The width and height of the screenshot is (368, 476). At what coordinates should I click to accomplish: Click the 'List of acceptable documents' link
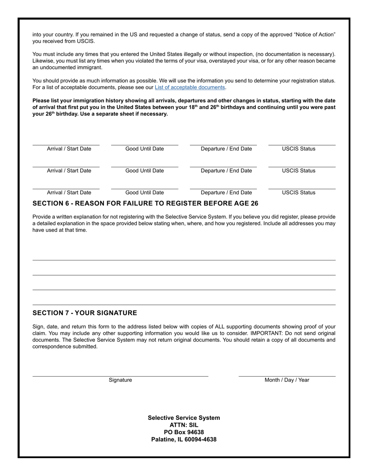(x=190, y=87)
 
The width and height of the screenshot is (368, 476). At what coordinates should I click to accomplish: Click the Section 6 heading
(x=145, y=204)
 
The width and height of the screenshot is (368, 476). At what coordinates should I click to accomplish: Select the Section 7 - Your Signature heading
(x=84, y=313)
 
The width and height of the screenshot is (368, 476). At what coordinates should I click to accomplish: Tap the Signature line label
(x=120, y=380)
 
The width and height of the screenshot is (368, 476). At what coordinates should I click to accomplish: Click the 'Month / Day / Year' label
(x=287, y=380)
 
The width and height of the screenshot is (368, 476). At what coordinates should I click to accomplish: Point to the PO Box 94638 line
(x=184, y=432)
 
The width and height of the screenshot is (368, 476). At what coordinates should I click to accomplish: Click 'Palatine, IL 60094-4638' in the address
(x=184, y=440)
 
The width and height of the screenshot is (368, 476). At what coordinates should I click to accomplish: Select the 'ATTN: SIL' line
(x=184, y=425)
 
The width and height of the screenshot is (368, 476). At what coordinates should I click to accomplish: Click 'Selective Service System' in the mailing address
(x=184, y=418)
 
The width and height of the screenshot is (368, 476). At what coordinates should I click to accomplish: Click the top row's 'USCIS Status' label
(x=298, y=149)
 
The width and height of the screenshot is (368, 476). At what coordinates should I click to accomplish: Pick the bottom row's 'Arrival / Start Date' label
(x=69, y=193)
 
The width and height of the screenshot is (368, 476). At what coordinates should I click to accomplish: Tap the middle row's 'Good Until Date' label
(x=144, y=171)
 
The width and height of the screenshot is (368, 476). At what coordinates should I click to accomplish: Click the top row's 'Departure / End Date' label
(x=226, y=149)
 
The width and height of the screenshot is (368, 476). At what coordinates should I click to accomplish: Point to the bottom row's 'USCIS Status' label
(x=298, y=193)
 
